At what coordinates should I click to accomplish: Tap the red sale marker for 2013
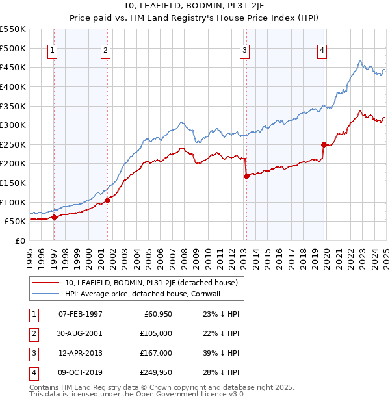tap(246, 175)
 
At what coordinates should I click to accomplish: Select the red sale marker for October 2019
tap(324, 144)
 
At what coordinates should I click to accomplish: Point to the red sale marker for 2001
tap(108, 200)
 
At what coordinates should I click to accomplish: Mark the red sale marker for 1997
tap(54, 217)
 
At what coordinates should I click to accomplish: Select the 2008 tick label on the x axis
tap(184, 253)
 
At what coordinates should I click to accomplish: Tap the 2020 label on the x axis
tap(326, 253)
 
